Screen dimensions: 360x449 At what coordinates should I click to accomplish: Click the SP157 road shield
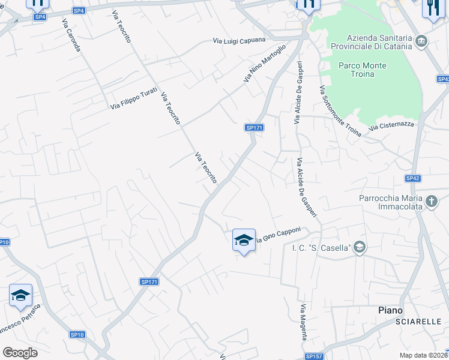pos(314,356)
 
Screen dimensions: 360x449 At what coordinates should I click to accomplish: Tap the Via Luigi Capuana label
pos(240,41)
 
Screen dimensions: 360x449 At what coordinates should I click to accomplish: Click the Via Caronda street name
pos(71,35)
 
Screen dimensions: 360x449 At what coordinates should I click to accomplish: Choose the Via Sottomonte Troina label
pos(340,111)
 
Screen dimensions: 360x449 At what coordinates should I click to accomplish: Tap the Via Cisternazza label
pos(391,125)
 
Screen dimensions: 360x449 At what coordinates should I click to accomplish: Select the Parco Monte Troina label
pos(357,70)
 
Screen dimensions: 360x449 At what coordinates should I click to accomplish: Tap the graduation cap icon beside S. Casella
pos(359,247)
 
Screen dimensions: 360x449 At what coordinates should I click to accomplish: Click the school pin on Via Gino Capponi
pos(243,241)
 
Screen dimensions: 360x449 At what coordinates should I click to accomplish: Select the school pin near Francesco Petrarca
pos(20,296)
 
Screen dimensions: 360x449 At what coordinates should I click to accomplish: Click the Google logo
pos(20,353)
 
